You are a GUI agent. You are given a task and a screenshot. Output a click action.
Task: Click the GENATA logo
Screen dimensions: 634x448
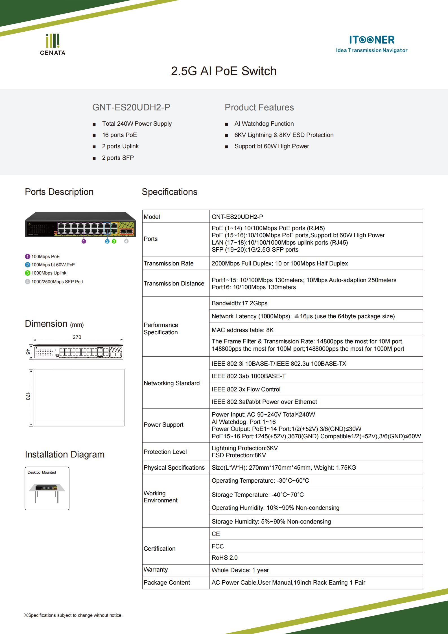tap(53, 45)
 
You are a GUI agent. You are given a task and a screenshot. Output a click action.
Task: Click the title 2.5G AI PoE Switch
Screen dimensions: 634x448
tap(224, 71)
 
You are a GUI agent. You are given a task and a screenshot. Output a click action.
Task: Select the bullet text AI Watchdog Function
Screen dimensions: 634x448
tap(264, 124)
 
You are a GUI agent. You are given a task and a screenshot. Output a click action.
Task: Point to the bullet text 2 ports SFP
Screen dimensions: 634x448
tap(118, 158)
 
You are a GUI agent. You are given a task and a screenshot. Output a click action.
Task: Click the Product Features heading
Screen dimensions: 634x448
tap(259, 108)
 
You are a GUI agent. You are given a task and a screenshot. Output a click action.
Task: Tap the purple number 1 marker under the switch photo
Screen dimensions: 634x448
tap(84, 241)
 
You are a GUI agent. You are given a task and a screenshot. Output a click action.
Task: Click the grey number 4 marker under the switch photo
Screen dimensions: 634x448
tap(126, 241)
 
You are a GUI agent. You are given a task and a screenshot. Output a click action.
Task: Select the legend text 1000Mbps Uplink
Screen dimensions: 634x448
tap(49, 273)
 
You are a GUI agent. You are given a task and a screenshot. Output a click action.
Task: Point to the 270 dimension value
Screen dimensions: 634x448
tap(77, 337)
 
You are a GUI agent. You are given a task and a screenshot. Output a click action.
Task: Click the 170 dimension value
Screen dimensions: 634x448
tap(28, 396)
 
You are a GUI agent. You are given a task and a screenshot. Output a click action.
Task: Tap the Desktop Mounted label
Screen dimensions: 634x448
tap(41, 472)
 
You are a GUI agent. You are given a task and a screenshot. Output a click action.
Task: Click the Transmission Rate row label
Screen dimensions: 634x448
tap(169, 263)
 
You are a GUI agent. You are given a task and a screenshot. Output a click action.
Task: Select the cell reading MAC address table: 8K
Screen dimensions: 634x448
tap(242, 330)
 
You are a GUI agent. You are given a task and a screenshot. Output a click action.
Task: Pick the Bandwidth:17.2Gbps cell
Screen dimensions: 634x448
tap(239, 303)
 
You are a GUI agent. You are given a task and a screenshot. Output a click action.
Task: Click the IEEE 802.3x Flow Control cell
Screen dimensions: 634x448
tap(246, 389)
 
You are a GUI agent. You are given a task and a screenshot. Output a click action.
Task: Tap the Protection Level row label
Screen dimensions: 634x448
tap(165, 452)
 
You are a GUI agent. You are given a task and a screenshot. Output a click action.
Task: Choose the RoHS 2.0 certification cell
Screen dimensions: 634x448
tap(224, 558)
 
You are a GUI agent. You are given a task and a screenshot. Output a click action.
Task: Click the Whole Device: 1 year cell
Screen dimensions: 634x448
tap(240, 570)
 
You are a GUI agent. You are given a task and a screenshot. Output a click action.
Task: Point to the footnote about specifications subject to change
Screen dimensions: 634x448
tap(73, 615)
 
